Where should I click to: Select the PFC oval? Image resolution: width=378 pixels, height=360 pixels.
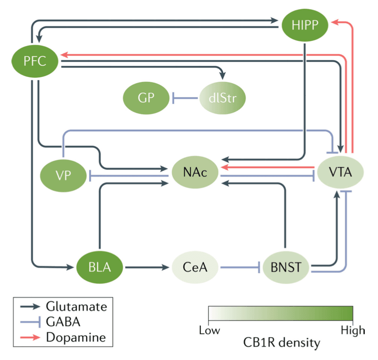coord(35,60)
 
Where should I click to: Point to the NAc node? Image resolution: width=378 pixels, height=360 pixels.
coord(194,174)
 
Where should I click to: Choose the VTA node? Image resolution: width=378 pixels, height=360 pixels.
coord(340,172)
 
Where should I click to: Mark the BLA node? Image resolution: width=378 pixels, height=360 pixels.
coord(100,266)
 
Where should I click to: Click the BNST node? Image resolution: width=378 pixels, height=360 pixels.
coord(285,266)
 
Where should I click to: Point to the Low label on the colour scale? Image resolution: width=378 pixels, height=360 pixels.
coord(209,330)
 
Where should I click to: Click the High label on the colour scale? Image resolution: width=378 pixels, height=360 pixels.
coord(353,330)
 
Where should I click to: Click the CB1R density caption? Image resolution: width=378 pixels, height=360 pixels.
coord(281,343)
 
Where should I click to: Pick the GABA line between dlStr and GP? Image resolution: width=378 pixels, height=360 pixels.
coord(185,97)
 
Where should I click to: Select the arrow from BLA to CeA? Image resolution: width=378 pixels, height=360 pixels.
coord(146,266)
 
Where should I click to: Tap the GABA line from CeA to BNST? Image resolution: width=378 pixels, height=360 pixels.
coord(240,266)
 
